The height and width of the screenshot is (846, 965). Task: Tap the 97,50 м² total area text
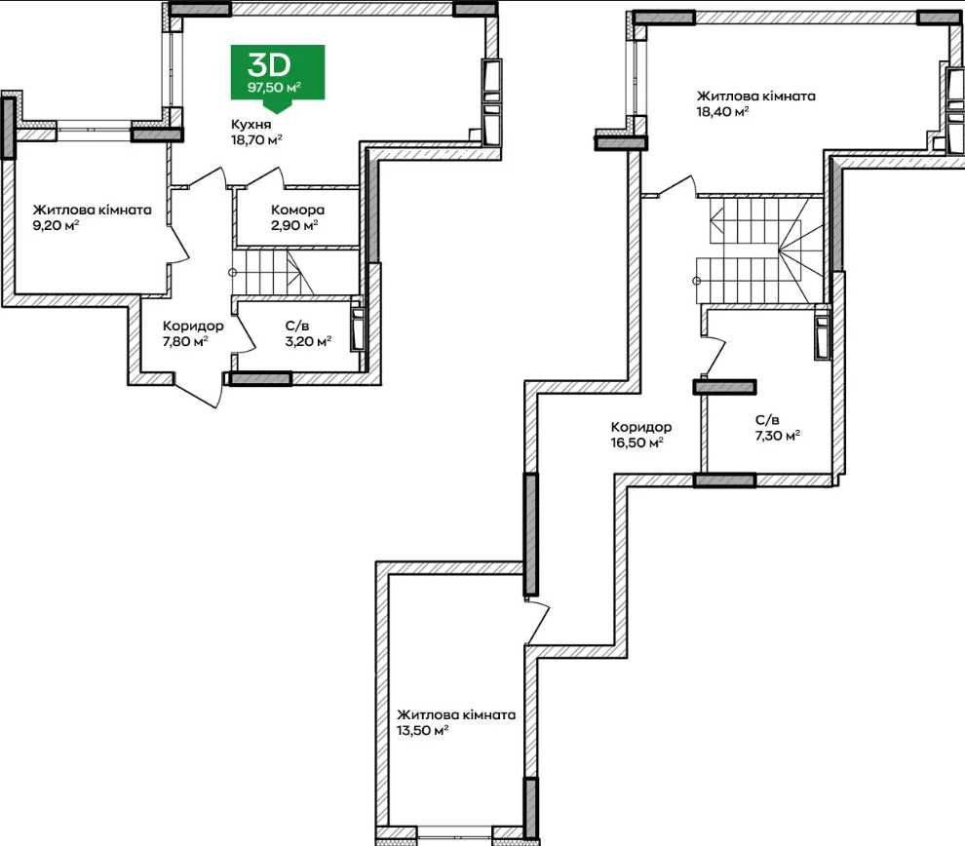[275, 87]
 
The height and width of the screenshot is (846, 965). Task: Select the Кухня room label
[251, 125]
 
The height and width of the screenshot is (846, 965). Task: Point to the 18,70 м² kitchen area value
[256, 139]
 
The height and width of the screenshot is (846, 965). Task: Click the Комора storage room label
[298, 210]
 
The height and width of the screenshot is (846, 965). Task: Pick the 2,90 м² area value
[294, 225]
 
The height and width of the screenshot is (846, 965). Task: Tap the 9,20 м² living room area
[56, 225]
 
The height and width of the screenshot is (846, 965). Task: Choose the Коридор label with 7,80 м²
[193, 327]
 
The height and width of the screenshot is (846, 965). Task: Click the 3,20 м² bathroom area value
[308, 341]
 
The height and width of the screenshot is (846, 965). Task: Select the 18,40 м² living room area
[722, 111]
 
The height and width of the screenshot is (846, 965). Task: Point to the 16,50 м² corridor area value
[637, 442]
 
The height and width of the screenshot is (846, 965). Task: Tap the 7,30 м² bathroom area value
[778, 436]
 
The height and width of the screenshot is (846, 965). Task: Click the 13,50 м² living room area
[422, 730]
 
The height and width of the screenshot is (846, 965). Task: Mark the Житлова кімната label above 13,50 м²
[456, 715]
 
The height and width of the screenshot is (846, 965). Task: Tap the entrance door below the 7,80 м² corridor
[200, 390]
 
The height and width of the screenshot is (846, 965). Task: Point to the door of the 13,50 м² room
[537, 622]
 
